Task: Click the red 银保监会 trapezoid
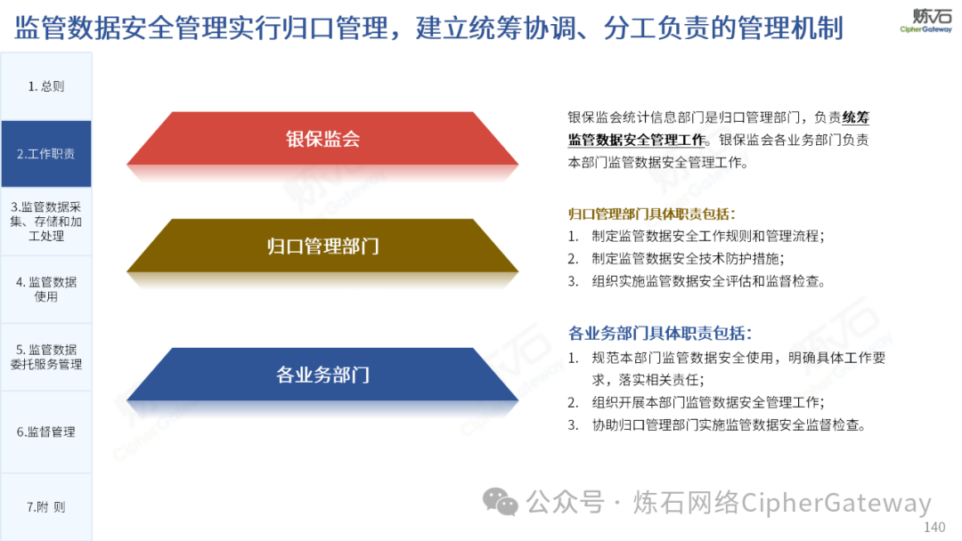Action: pyautogui.click(x=322, y=139)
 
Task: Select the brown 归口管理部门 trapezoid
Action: pyautogui.click(x=322, y=246)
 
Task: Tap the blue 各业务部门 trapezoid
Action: pyautogui.click(x=322, y=375)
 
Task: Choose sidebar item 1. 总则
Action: pyautogui.click(x=46, y=86)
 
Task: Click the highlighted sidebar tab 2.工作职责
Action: pyautogui.click(x=46, y=154)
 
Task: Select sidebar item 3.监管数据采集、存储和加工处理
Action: pyautogui.click(x=46, y=222)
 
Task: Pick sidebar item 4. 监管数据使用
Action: pyautogui.click(x=46, y=289)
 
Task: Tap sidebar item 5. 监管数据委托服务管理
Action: pyautogui.click(x=46, y=357)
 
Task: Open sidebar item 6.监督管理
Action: pyautogui.click(x=46, y=432)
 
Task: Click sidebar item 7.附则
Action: pyautogui.click(x=46, y=506)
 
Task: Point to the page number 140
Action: pyautogui.click(x=934, y=527)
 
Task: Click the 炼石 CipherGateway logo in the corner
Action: pyautogui.click(x=926, y=20)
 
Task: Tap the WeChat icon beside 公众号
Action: pyautogui.click(x=500, y=502)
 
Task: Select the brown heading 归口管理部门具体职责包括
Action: pyautogui.click(x=651, y=214)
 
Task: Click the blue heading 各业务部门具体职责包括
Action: pyautogui.click(x=660, y=334)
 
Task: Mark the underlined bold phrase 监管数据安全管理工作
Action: pyautogui.click(x=637, y=140)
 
